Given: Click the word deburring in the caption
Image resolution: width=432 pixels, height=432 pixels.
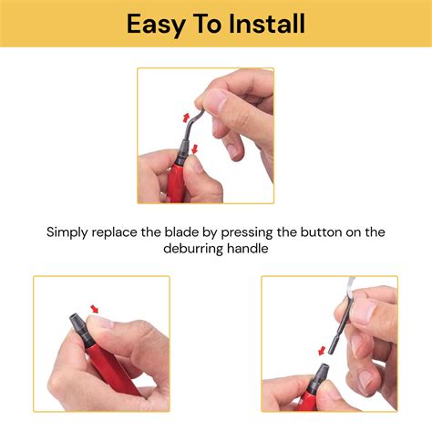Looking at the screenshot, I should coord(196,248).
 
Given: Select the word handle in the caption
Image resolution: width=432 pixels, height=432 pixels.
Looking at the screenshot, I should coord(252,248).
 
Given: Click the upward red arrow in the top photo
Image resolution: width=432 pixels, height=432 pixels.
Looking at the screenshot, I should coord(187,117).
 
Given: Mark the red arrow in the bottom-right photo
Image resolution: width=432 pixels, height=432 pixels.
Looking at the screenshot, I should coord(322,350).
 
